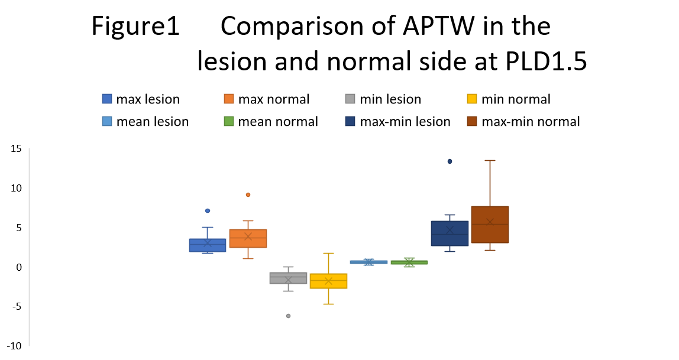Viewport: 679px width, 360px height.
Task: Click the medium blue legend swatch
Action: [x=107, y=99]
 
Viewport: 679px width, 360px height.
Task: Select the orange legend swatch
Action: [x=229, y=99]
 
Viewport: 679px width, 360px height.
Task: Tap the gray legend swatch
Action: [x=350, y=99]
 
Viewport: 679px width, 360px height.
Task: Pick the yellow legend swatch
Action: [x=472, y=99]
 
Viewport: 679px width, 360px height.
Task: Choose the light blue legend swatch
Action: [x=107, y=121]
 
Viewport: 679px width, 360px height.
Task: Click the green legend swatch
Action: [x=229, y=121]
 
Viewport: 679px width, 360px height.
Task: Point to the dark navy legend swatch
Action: [x=350, y=121]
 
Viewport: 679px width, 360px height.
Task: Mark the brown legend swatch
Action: [x=472, y=121]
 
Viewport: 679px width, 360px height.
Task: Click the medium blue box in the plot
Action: [x=208, y=245]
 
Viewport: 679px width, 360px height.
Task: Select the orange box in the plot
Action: [x=248, y=238]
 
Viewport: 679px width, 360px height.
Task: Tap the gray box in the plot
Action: [x=288, y=278]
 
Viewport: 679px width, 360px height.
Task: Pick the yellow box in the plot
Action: [x=328, y=281]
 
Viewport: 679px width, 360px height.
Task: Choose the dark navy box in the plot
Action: [x=450, y=233]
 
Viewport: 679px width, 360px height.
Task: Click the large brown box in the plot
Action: [x=490, y=225]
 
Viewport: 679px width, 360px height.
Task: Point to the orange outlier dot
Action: [x=248, y=194]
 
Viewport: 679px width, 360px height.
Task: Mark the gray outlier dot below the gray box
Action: [x=288, y=316]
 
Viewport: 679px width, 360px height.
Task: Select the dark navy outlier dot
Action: [x=450, y=161]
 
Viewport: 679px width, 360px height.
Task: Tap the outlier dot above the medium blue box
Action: [x=208, y=210]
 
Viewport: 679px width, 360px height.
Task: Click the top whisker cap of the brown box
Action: [x=490, y=160]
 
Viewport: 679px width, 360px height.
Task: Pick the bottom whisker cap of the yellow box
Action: [x=328, y=304]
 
